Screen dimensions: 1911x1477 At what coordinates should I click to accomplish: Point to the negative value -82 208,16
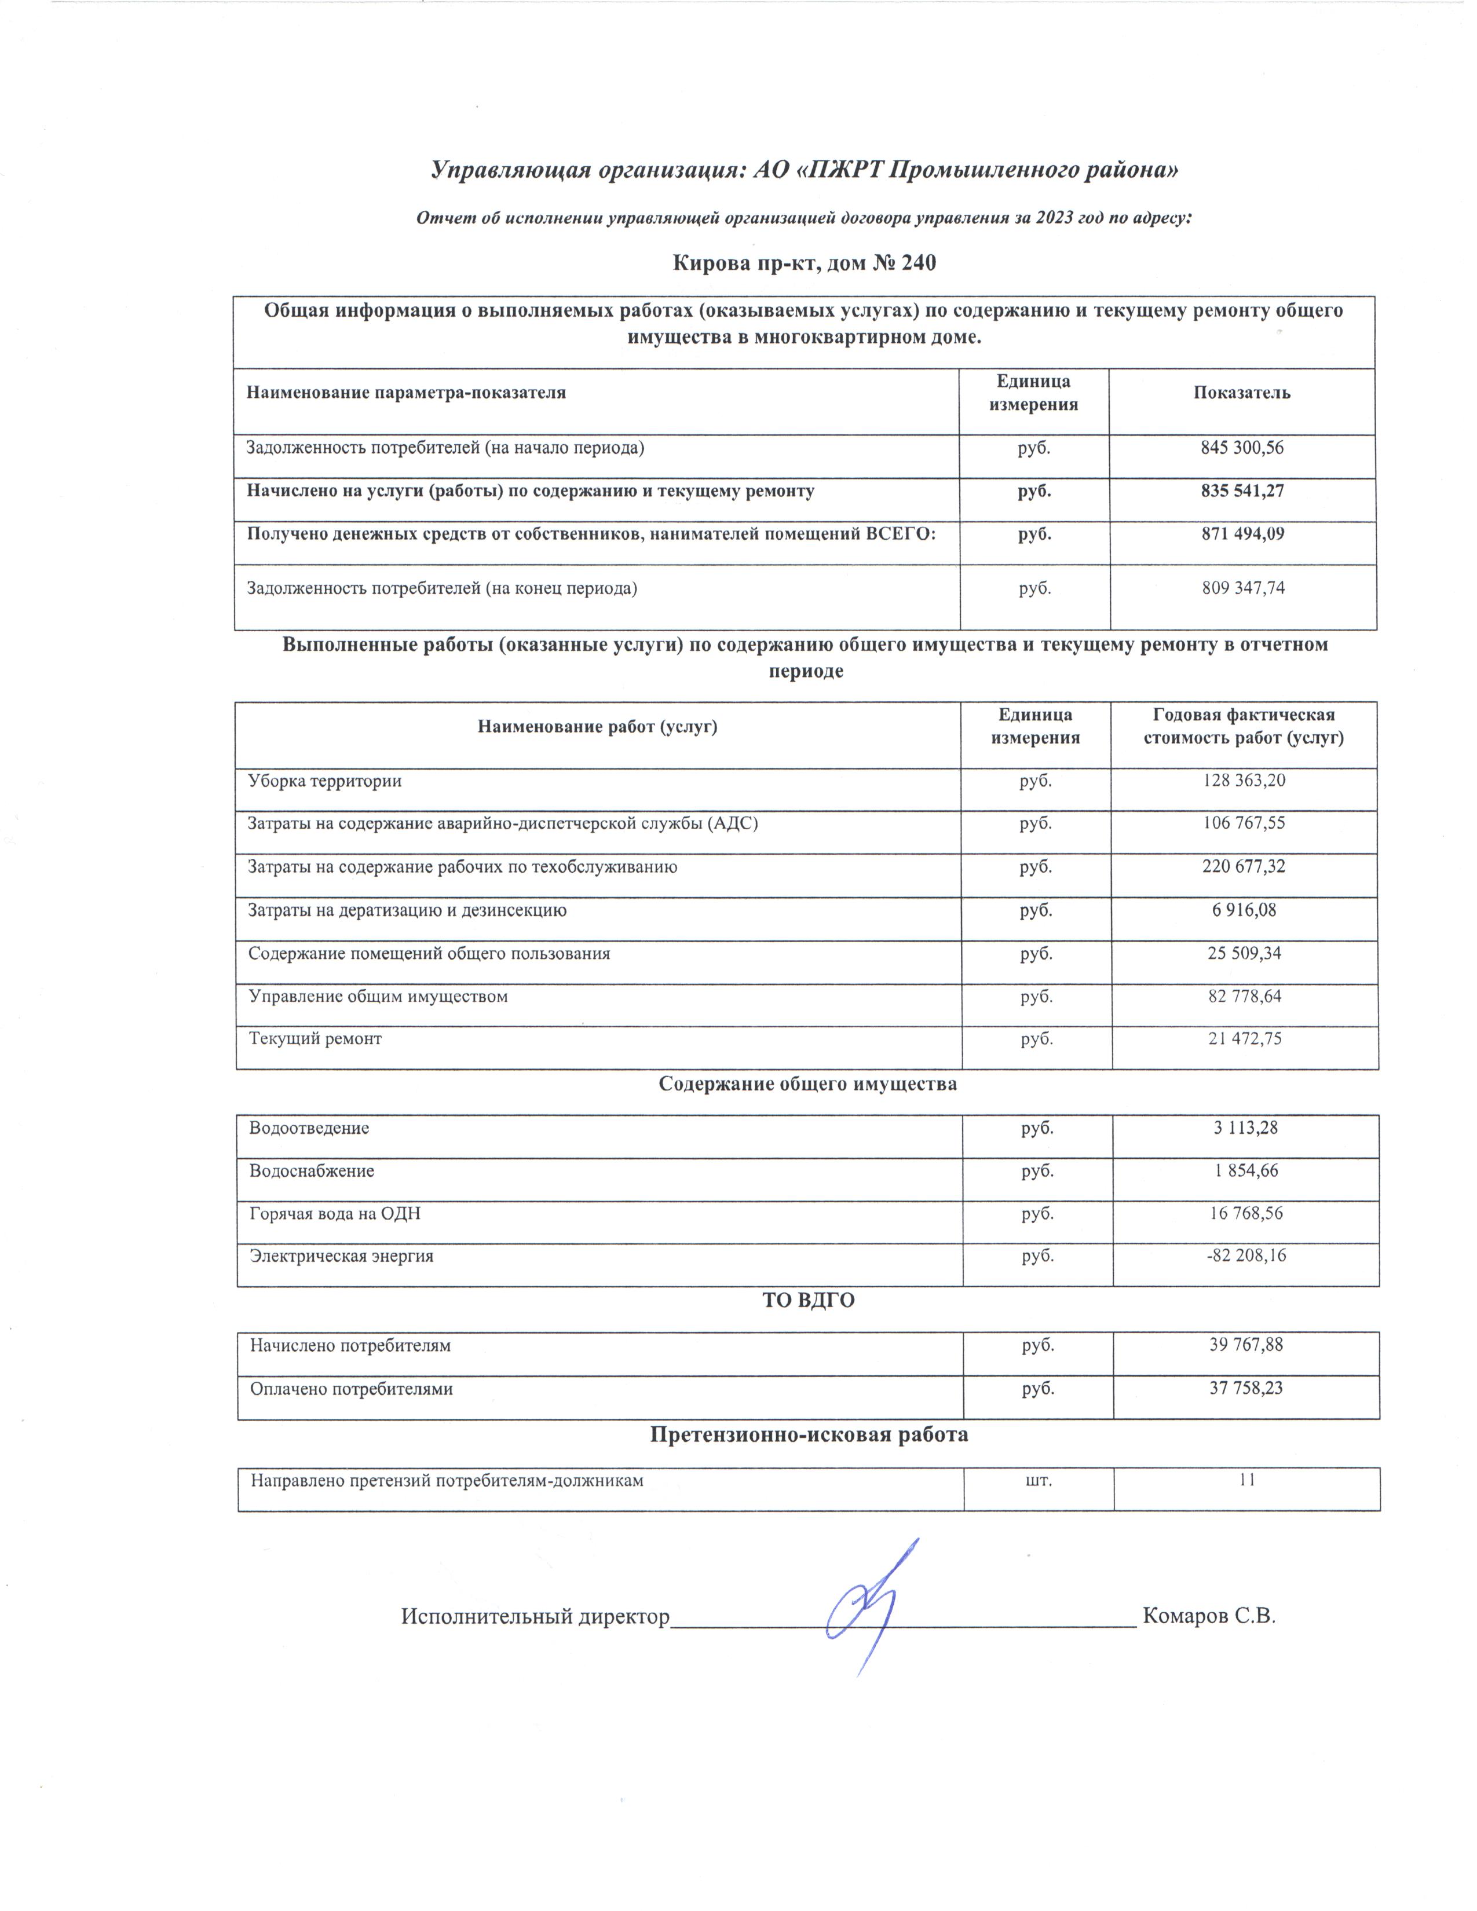click(x=1244, y=1257)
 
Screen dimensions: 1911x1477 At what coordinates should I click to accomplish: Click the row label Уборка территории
click(x=324, y=781)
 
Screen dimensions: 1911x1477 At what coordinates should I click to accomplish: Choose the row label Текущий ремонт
click(x=315, y=1039)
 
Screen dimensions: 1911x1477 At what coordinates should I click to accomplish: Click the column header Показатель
click(x=1242, y=393)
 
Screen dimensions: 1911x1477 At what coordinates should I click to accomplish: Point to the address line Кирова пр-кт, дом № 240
click(x=804, y=262)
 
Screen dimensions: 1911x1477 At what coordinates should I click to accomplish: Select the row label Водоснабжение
click(x=312, y=1171)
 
